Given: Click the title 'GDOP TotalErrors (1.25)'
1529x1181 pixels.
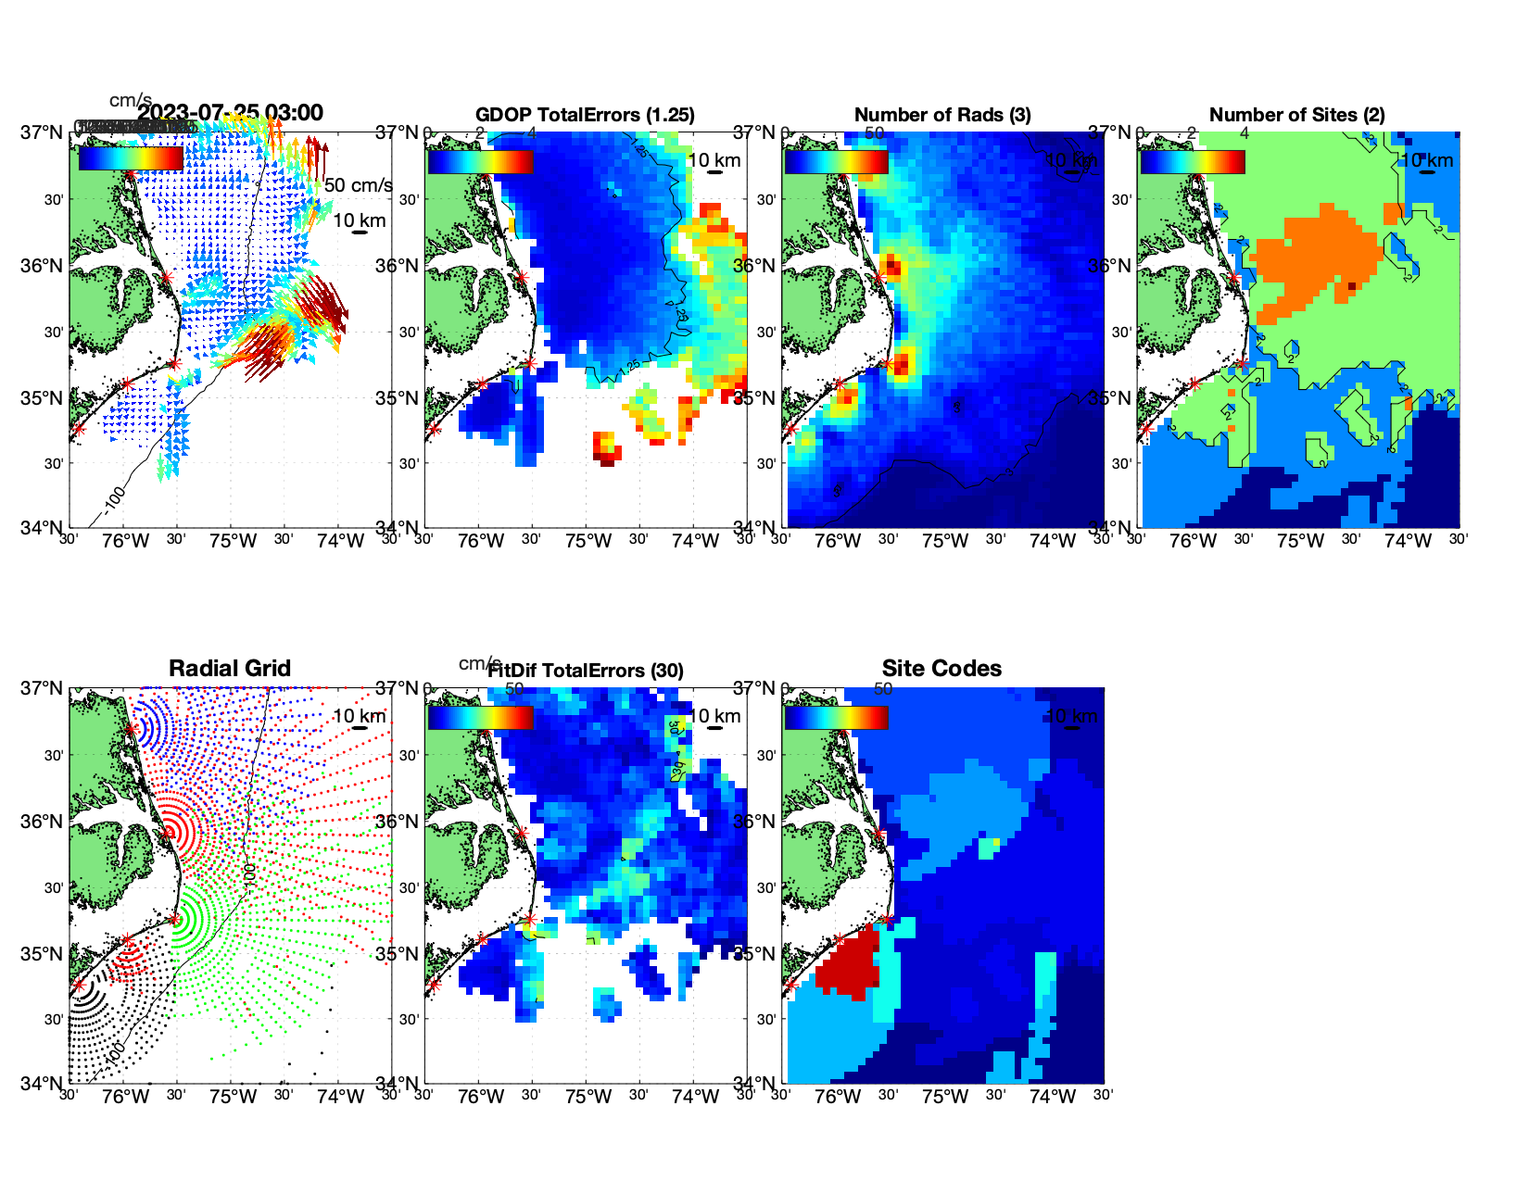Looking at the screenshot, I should point(585,115).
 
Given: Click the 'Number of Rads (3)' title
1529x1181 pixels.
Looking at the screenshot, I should point(942,115).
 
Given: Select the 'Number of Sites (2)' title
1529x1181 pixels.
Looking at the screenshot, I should point(1296,115).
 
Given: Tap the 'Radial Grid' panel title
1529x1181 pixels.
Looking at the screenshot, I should point(230,669).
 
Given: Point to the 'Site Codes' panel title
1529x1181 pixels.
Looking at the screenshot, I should point(941,669).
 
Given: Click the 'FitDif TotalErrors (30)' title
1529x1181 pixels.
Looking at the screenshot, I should point(586,671).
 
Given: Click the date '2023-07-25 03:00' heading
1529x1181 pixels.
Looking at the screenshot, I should point(231,113).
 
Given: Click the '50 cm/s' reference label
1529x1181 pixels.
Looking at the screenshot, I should point(358,185).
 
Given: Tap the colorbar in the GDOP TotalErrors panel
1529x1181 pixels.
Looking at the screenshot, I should point(480,161).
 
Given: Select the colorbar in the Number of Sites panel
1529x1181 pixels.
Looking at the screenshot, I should point(1193,161).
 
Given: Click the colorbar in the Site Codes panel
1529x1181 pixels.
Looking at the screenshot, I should point(836,717).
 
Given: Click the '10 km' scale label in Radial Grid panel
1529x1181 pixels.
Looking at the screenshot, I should point(359,716).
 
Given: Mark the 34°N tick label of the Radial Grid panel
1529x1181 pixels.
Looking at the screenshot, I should point(42,1084).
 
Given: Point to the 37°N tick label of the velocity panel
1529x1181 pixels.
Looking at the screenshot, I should point(42,132).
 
